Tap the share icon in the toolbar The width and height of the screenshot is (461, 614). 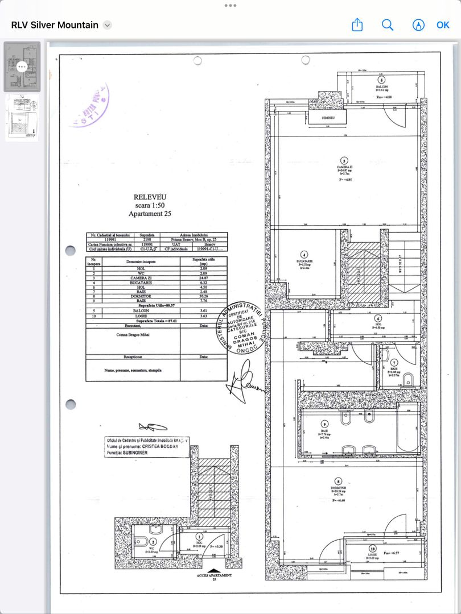pos(357,25)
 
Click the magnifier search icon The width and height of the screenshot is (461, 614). pos(388,25)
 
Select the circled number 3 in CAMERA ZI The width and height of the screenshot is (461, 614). pos(344,160)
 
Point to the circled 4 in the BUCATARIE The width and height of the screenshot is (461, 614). pos(304,255)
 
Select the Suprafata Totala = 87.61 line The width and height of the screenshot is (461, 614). pos(157,321)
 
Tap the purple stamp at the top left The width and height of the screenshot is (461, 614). pos(89,105)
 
